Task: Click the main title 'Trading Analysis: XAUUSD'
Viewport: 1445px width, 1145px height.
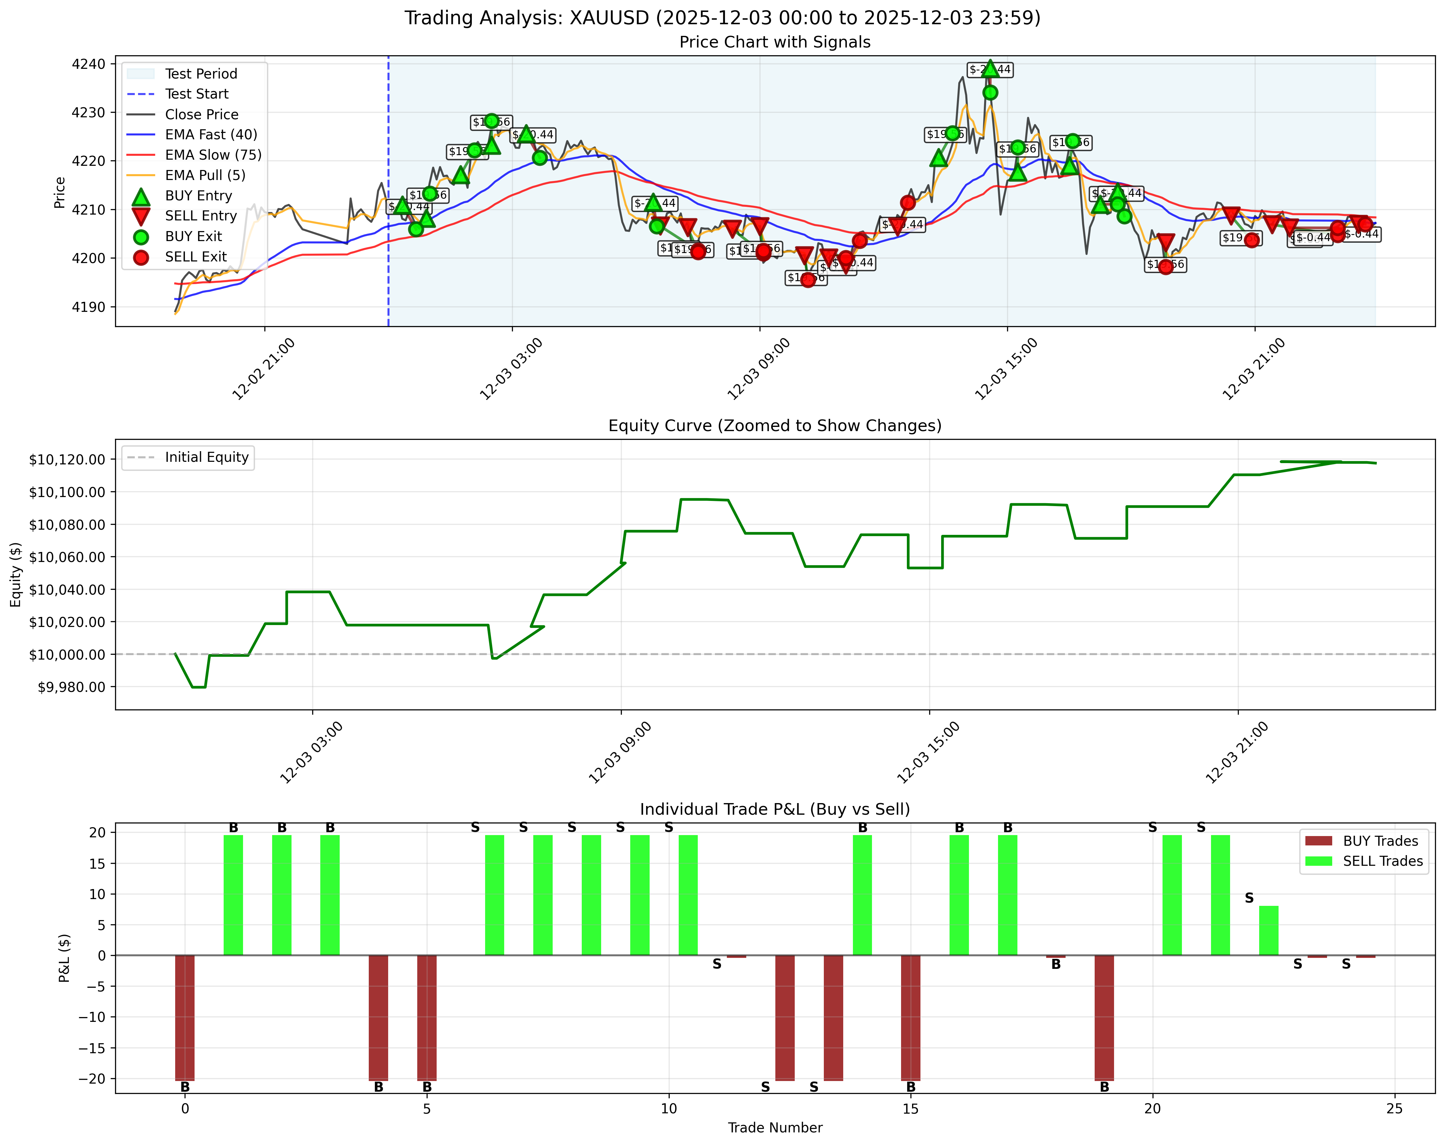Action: coord(722,17)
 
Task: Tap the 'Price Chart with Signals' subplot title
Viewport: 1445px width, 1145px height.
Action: coord(775,42)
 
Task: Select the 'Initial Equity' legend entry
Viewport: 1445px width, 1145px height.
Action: coord(207,458)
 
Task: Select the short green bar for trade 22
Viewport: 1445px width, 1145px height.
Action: coord(1269,931)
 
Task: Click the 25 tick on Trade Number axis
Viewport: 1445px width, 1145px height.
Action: coord(1394,1109)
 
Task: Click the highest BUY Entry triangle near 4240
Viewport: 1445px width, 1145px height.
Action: coord(991,68)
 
